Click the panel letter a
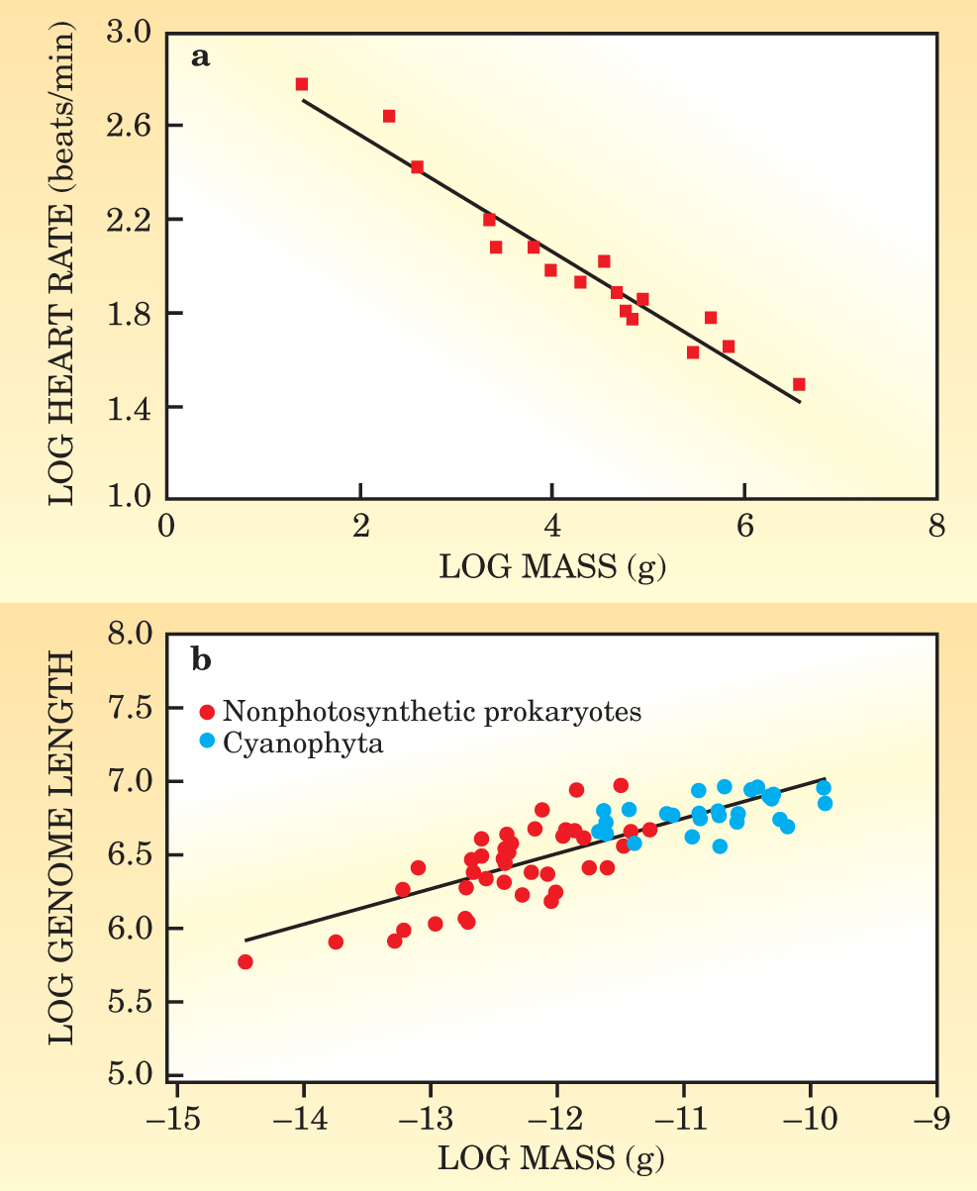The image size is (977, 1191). [x=200, y=56]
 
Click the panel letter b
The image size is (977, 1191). [x=201, y=657]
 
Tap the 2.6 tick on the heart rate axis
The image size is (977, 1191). [x=131, y=126]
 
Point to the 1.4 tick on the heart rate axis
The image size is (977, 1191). [x=131, y=406]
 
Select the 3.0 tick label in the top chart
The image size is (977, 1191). [x=131, y=33]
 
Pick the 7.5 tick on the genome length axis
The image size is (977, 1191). [x=131, y=708]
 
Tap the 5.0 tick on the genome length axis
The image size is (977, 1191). [x=131, y=1075]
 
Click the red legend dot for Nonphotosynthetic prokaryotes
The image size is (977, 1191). [x=207, y=712]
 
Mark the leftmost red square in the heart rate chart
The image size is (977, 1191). [x=302, y=84]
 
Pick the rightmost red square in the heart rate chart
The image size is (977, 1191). [x=799, y=384]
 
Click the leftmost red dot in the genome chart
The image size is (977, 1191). [x=245, y=961]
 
